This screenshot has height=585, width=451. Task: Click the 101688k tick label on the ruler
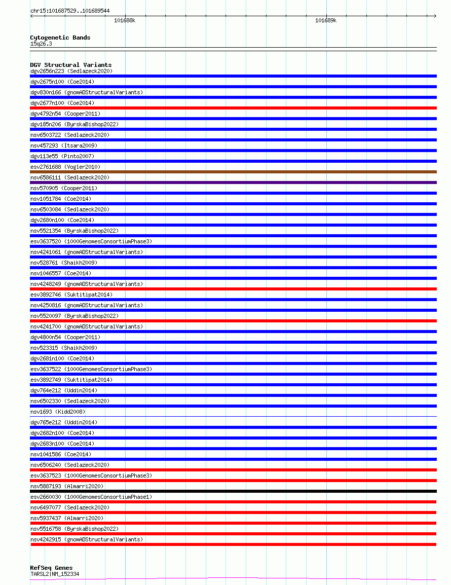(x=124, y=21)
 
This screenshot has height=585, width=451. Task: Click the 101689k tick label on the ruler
(x=325, y=21)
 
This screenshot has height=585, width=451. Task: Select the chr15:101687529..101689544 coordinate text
(x=70, y=11)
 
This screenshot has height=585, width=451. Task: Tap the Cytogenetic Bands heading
(x=60, y=38)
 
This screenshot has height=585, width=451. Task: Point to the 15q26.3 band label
(x=41, y=44)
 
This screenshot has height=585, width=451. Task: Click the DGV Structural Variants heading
(x=71, y=65)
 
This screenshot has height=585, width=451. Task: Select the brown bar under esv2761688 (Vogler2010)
(x=233, y=172)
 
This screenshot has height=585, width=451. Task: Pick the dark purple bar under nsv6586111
(x=233, y=182)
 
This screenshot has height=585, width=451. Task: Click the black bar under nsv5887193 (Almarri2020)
(x=233, y=491)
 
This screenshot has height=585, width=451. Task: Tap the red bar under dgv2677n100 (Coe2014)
(x=233, y=108)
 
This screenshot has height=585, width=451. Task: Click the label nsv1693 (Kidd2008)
(x=58, y=412)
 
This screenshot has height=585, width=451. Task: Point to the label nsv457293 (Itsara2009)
(x=64, y=145)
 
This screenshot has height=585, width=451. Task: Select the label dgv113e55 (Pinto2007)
(x=62, y=156)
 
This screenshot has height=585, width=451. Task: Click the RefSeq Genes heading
(x=51, y=568)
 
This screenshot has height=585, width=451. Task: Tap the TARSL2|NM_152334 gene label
(x=55, y=574)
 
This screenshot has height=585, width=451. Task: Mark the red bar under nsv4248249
(x=233, y=289)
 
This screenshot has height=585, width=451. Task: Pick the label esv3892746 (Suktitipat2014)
(x=71, y=295)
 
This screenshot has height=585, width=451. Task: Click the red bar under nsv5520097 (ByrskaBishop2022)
(x=233, y=321)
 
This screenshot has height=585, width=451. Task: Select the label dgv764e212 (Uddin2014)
(x=64, y=390)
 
